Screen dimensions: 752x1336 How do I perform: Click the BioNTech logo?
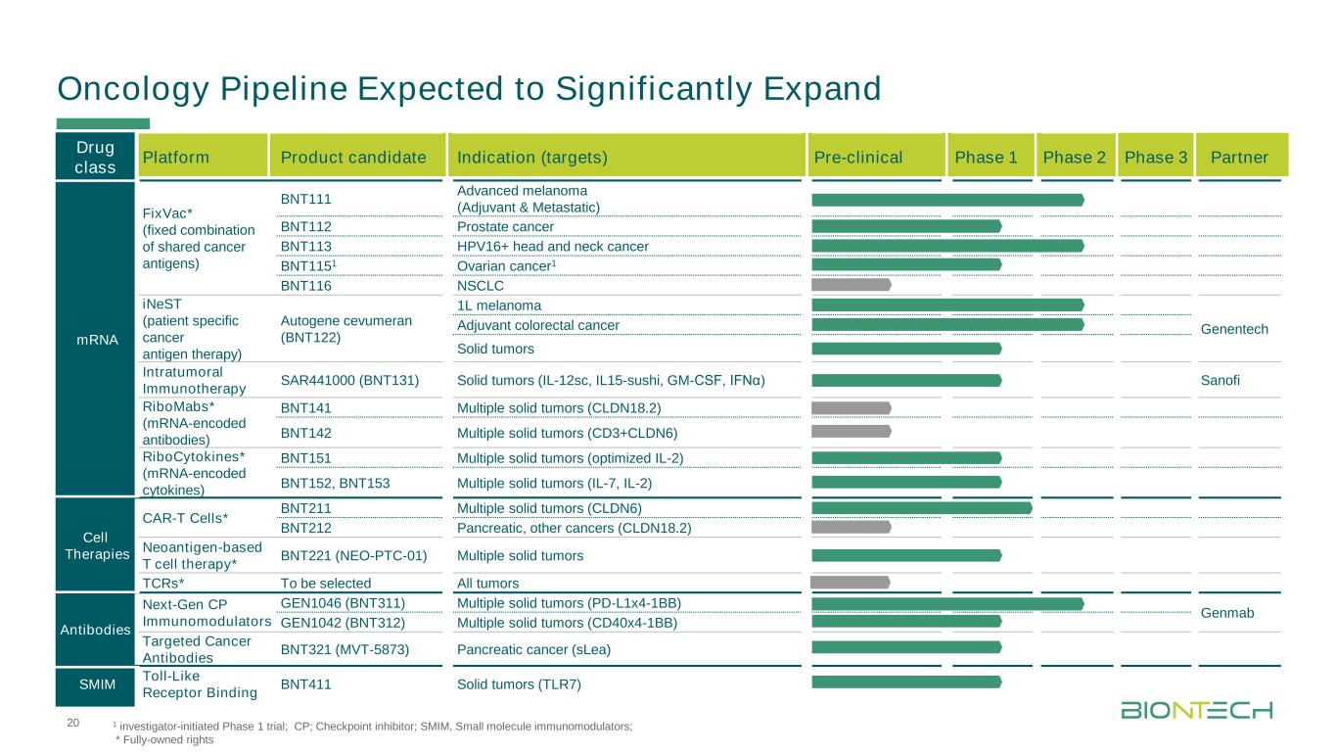point(1196,709)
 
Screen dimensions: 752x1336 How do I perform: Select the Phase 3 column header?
point(1154,157)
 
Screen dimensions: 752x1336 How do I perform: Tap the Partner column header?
point(1239,157)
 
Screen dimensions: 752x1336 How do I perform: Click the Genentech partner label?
point(1234,329)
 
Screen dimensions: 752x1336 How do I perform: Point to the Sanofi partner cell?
point(1220,380)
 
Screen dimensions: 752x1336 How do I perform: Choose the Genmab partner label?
point(1226,612)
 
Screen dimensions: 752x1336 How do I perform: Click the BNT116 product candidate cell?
point(305,286)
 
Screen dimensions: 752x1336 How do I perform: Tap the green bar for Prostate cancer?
point(906,226)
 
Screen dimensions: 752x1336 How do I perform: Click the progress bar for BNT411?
point(906,681)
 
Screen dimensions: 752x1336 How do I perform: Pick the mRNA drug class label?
point(97,339)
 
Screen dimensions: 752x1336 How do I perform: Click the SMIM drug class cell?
point(97,684)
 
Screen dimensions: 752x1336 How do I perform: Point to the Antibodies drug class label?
point(97,629)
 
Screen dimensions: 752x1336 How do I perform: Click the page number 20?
point(70,723)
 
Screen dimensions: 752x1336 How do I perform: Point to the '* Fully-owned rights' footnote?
point(163,740)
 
